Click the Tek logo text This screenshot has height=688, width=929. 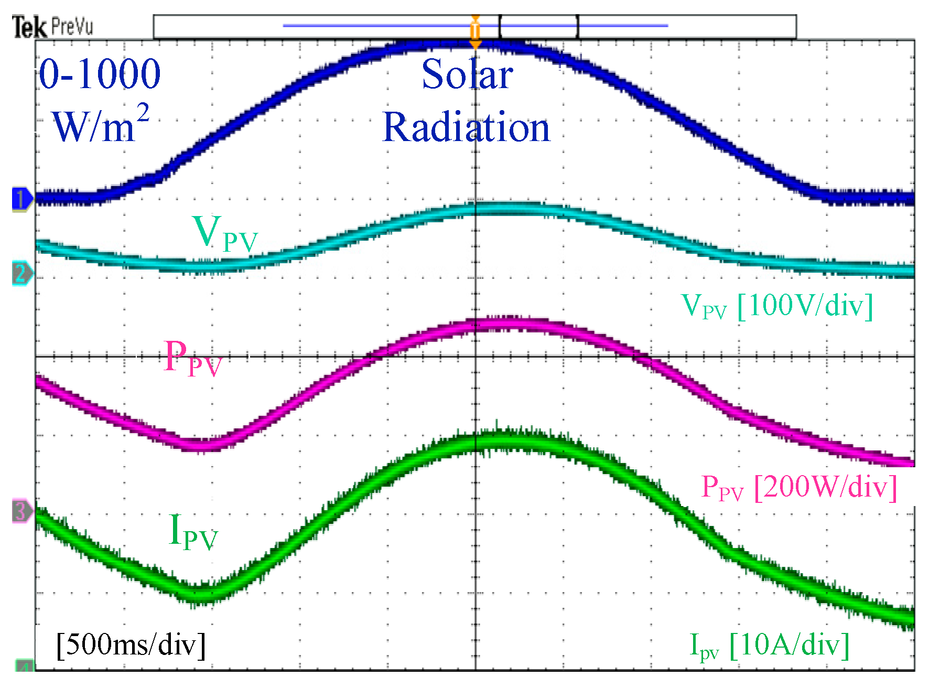29,27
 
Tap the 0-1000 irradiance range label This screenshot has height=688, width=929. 100,74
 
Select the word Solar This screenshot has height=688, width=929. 467,74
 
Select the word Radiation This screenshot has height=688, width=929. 466,127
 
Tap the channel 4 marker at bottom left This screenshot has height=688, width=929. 24,666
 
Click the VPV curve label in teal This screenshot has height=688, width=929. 224,234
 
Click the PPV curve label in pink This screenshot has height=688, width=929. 192,358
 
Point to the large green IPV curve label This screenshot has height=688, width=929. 192,532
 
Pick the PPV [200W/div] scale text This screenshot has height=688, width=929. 799,487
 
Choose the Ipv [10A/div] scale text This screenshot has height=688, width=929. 769,645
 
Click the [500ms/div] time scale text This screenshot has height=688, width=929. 131,644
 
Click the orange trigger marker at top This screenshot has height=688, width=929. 475,31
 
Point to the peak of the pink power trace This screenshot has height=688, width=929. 503,324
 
